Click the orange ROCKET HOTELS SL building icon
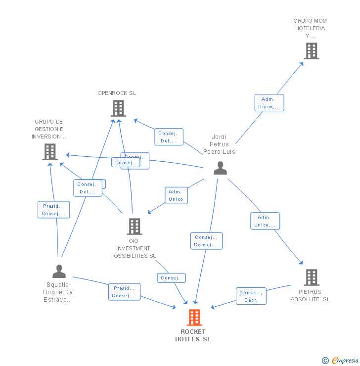pos(194,318)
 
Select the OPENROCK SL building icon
pos(118,108)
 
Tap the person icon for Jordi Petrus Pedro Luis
pos(220,168)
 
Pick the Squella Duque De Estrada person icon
pos(59,271)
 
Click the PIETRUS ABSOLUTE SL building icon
pos(311,277)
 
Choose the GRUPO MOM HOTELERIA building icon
pos(311,50)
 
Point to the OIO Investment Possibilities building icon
pos(134,226)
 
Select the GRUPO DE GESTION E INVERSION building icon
pos(50,151)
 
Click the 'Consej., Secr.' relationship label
pos(251,296)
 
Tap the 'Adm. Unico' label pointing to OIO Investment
pos(176,195)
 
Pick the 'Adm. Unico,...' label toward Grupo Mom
pos(269,103)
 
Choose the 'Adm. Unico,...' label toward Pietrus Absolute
pos(265,221)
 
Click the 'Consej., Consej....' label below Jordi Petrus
pos(206,241)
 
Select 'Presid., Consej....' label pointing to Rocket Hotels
pos(124,292)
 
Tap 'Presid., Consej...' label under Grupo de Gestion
pos(53,210)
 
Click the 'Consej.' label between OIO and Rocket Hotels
pos(171,278)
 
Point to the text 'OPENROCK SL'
pos(117,93)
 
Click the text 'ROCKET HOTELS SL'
pos(193,335)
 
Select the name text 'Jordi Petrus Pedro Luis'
pos(219,144)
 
